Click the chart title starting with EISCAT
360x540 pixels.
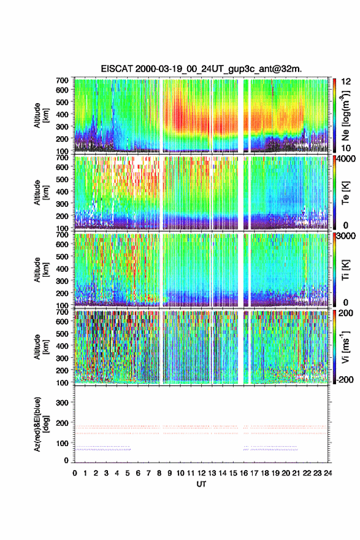tap(201, 69)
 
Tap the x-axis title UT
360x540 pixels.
tap(201, 484)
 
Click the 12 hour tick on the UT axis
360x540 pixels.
tap(201, 473)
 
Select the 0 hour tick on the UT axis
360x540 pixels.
tap(75, 473)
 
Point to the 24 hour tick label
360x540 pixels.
tap(328, 473)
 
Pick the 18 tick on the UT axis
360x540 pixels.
tap(265, 473)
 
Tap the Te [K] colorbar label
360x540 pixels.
tap(345, 193)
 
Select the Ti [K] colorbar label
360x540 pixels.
tap(345, 270)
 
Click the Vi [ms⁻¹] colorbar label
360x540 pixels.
tap(345, 347)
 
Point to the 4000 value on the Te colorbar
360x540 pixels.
tap(347, 159)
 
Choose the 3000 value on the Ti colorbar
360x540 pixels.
tap(347, 236)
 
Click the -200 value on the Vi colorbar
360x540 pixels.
tap(343, 379)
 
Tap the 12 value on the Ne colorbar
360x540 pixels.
tap(346, 82)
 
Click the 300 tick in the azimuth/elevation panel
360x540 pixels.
tap(62, 403)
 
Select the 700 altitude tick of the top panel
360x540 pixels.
tap(62, 80)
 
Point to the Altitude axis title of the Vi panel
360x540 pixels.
tap(41, 347)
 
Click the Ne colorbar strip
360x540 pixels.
tap(334, 115)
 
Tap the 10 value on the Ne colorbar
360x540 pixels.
tap(346, 148)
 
